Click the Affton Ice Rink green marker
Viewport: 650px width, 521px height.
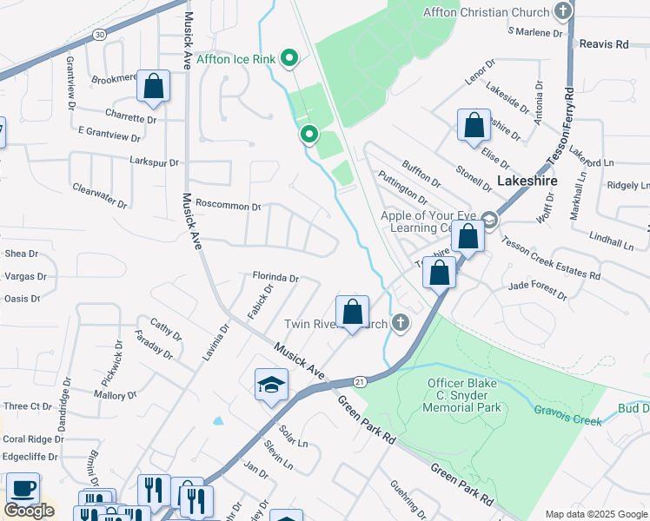point(290,59)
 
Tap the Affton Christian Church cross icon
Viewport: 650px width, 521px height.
point(563,11)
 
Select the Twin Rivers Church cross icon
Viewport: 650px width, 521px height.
point(400,323)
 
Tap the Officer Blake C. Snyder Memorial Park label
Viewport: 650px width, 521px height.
point(465,394)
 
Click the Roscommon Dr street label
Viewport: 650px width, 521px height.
point(229,207)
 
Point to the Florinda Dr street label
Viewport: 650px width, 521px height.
point(275,278)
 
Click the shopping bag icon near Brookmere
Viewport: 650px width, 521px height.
point(153,86)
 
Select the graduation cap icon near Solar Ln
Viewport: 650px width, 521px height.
point(271,385)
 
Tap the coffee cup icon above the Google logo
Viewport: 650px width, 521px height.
point(22,488)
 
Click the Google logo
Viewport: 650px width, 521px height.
point(29,510)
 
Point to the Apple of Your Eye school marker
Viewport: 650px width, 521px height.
point(490,220)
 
